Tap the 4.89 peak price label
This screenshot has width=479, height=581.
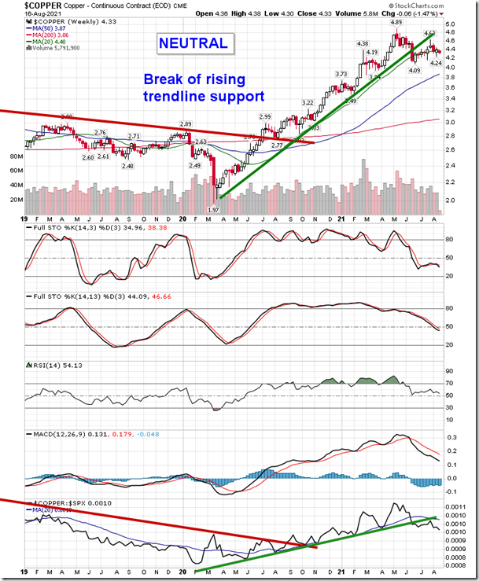click(x=397, y=23)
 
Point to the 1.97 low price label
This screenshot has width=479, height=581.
click(x=212, y=210)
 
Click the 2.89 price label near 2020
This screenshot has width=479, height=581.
click(x=186, y=124)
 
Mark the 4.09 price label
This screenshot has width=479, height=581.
click(x=415, y=70)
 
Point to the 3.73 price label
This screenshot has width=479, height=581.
click(x=341, y=74)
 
